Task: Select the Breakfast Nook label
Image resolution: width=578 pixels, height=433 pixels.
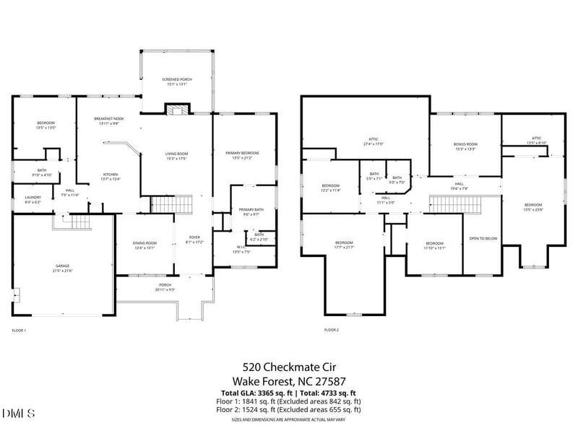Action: coord(108,121)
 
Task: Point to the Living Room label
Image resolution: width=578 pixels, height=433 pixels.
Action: coord(177,155)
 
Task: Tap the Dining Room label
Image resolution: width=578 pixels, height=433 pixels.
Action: coord(145,245)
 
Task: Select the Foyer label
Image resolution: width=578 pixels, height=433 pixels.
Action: coord(194,240)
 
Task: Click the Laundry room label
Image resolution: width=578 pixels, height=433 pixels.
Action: coord(33,199)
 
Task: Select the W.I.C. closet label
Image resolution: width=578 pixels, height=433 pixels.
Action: coord(241,250)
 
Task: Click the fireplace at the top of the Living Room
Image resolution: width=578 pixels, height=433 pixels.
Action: coord(177,110)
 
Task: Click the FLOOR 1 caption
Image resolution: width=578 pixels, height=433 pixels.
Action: coord(19,330)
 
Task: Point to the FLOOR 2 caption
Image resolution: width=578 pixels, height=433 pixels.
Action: coord(331,330)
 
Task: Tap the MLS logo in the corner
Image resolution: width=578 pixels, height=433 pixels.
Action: coord(18,413)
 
